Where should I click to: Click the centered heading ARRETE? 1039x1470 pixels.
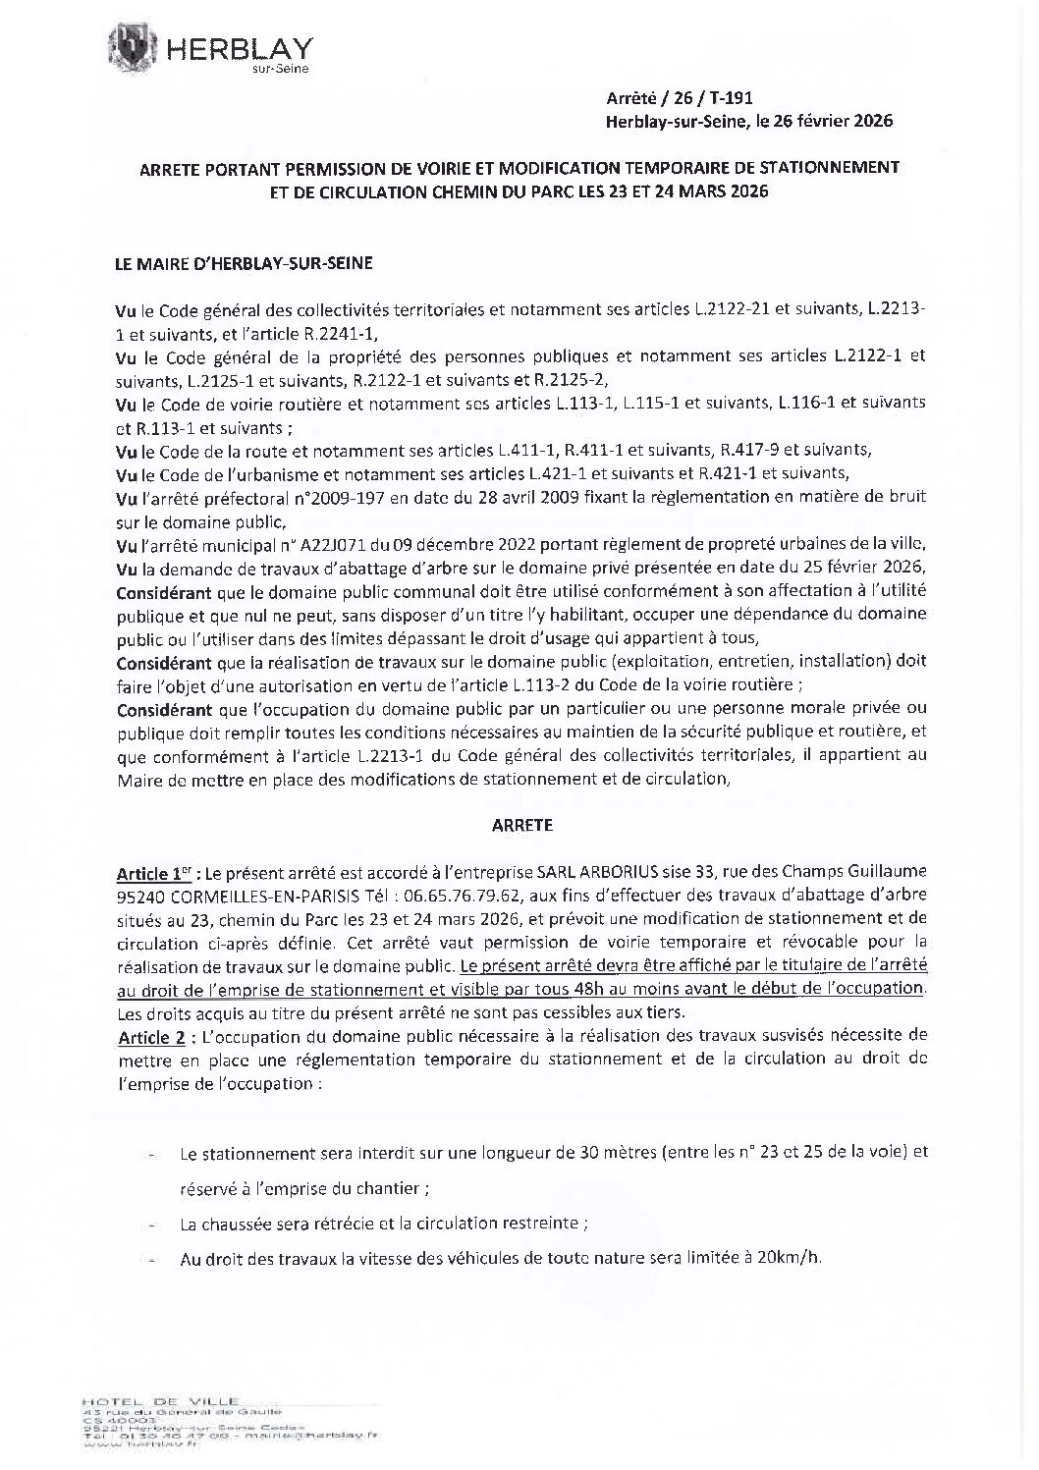point(521,826)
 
